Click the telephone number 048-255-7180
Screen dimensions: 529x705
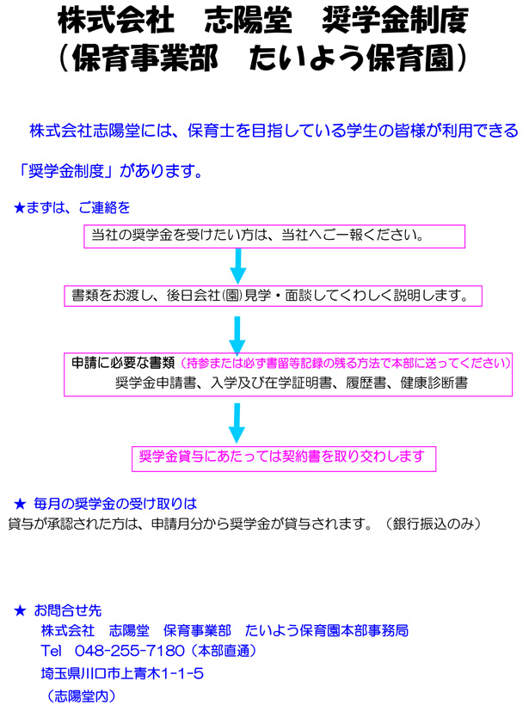click(130, 651)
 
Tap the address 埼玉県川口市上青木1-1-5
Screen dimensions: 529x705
click(122, 673)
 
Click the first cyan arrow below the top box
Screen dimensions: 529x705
click(238, 267)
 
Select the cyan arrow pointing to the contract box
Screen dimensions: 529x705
click(237, 423)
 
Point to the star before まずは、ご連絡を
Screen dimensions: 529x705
click(19, 208)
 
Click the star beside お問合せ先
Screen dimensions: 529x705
click(20, 610)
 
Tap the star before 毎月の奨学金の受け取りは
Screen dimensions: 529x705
click(20, 504)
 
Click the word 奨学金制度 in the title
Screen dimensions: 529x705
click(395, 21)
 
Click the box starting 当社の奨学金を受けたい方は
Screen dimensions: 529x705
click(274, 236)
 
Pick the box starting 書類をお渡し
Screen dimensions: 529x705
click(273, 296)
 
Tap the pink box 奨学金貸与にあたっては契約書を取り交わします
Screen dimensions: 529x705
click(284, 458)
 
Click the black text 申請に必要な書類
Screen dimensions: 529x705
click(123, 363)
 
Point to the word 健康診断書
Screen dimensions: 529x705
click(434, 383)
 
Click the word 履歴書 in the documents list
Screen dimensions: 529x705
click(366, 383)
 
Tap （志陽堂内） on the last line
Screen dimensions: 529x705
click(81, 696)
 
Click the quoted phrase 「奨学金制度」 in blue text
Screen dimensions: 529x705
click(65, 171)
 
